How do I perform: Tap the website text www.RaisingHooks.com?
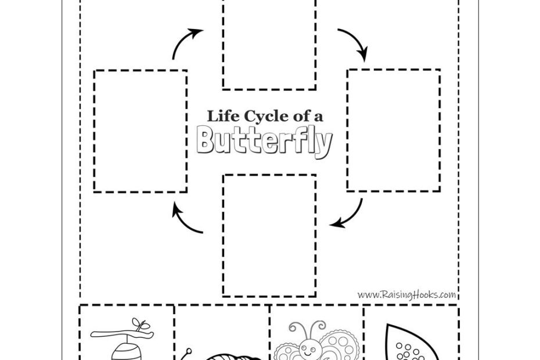tap(406, 295)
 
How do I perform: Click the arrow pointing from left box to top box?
tap(186, 44)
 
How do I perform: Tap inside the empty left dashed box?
tap(141, 131)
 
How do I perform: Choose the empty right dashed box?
tap(393, 130)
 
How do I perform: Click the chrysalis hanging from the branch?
tap(121, 349)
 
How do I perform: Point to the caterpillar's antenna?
tap(189, 352)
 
